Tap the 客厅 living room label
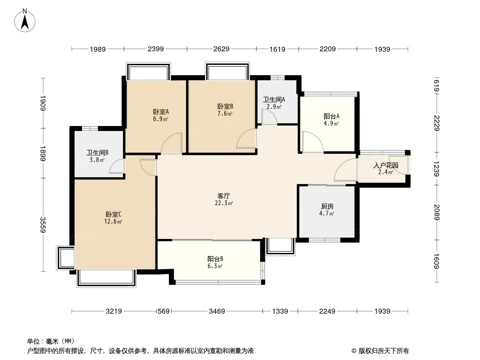pyautogui.click(x=224, y=196)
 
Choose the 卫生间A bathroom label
pyautogui.click(x=274, y=100)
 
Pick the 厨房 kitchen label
pyautogui.click(x=327, y=207)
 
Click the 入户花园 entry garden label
pyautogui.click(x=385, y=165)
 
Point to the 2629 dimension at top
pyautogui.click(x=221, y=49)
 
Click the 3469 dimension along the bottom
pyautogui.click(x=217, y=311)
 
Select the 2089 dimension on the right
pyautogui.click(x=436, y=212)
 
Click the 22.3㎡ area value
pyautogui.click(x=224, y=203)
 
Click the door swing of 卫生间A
pyautogui.click(x=269, y=117)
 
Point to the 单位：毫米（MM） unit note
pyautogui.click(x=51, y=341)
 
